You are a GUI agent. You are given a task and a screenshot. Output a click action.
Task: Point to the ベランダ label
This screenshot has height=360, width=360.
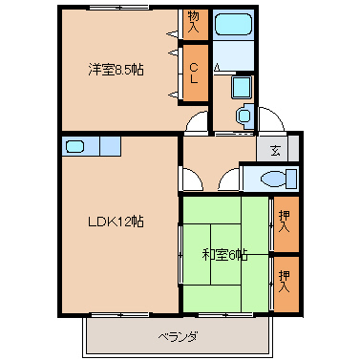[x=178, y=336]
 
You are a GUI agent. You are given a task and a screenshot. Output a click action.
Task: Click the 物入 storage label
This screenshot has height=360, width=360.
[x=194, y=21]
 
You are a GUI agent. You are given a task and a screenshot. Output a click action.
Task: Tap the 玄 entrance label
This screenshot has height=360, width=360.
[x=275, y=149]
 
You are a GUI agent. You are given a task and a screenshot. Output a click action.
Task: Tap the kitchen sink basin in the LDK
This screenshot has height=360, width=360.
[x=77, y=147]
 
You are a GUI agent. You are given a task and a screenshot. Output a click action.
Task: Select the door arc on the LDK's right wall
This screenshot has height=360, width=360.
[x=189, y=179]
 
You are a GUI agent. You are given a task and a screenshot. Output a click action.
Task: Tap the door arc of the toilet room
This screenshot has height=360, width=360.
[x=229, y=179]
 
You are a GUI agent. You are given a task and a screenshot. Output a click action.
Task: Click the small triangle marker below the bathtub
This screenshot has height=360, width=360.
[x=219, y=68]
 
